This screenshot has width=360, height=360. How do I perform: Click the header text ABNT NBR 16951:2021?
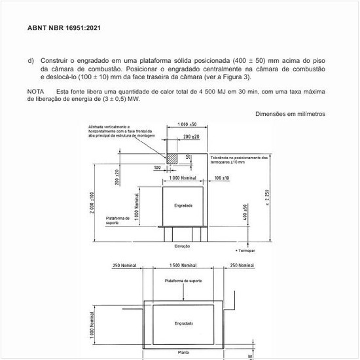click(64, 28)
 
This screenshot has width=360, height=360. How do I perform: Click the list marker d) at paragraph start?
click(31, 61)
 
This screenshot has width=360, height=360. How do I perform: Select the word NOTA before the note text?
click(36, 92)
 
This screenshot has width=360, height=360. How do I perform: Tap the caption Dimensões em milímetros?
click(290, 114)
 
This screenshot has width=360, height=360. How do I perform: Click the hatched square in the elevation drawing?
click(172, 158)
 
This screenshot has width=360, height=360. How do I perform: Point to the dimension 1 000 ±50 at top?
click(187, 124)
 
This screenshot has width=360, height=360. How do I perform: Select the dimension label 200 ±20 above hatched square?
click(192, 137)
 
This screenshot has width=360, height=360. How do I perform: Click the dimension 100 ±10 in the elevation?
click(221, 178)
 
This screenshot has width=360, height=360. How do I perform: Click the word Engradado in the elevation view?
click(183, 206)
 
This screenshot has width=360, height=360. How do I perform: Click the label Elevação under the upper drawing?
click(183, 246)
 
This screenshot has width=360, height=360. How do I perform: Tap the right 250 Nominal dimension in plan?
click(242, 265)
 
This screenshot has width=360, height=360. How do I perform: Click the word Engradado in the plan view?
click(183, 323)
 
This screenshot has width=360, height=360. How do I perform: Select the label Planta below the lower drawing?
click(184, 352)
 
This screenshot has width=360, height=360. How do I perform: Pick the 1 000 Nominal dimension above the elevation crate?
click(183, 178)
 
